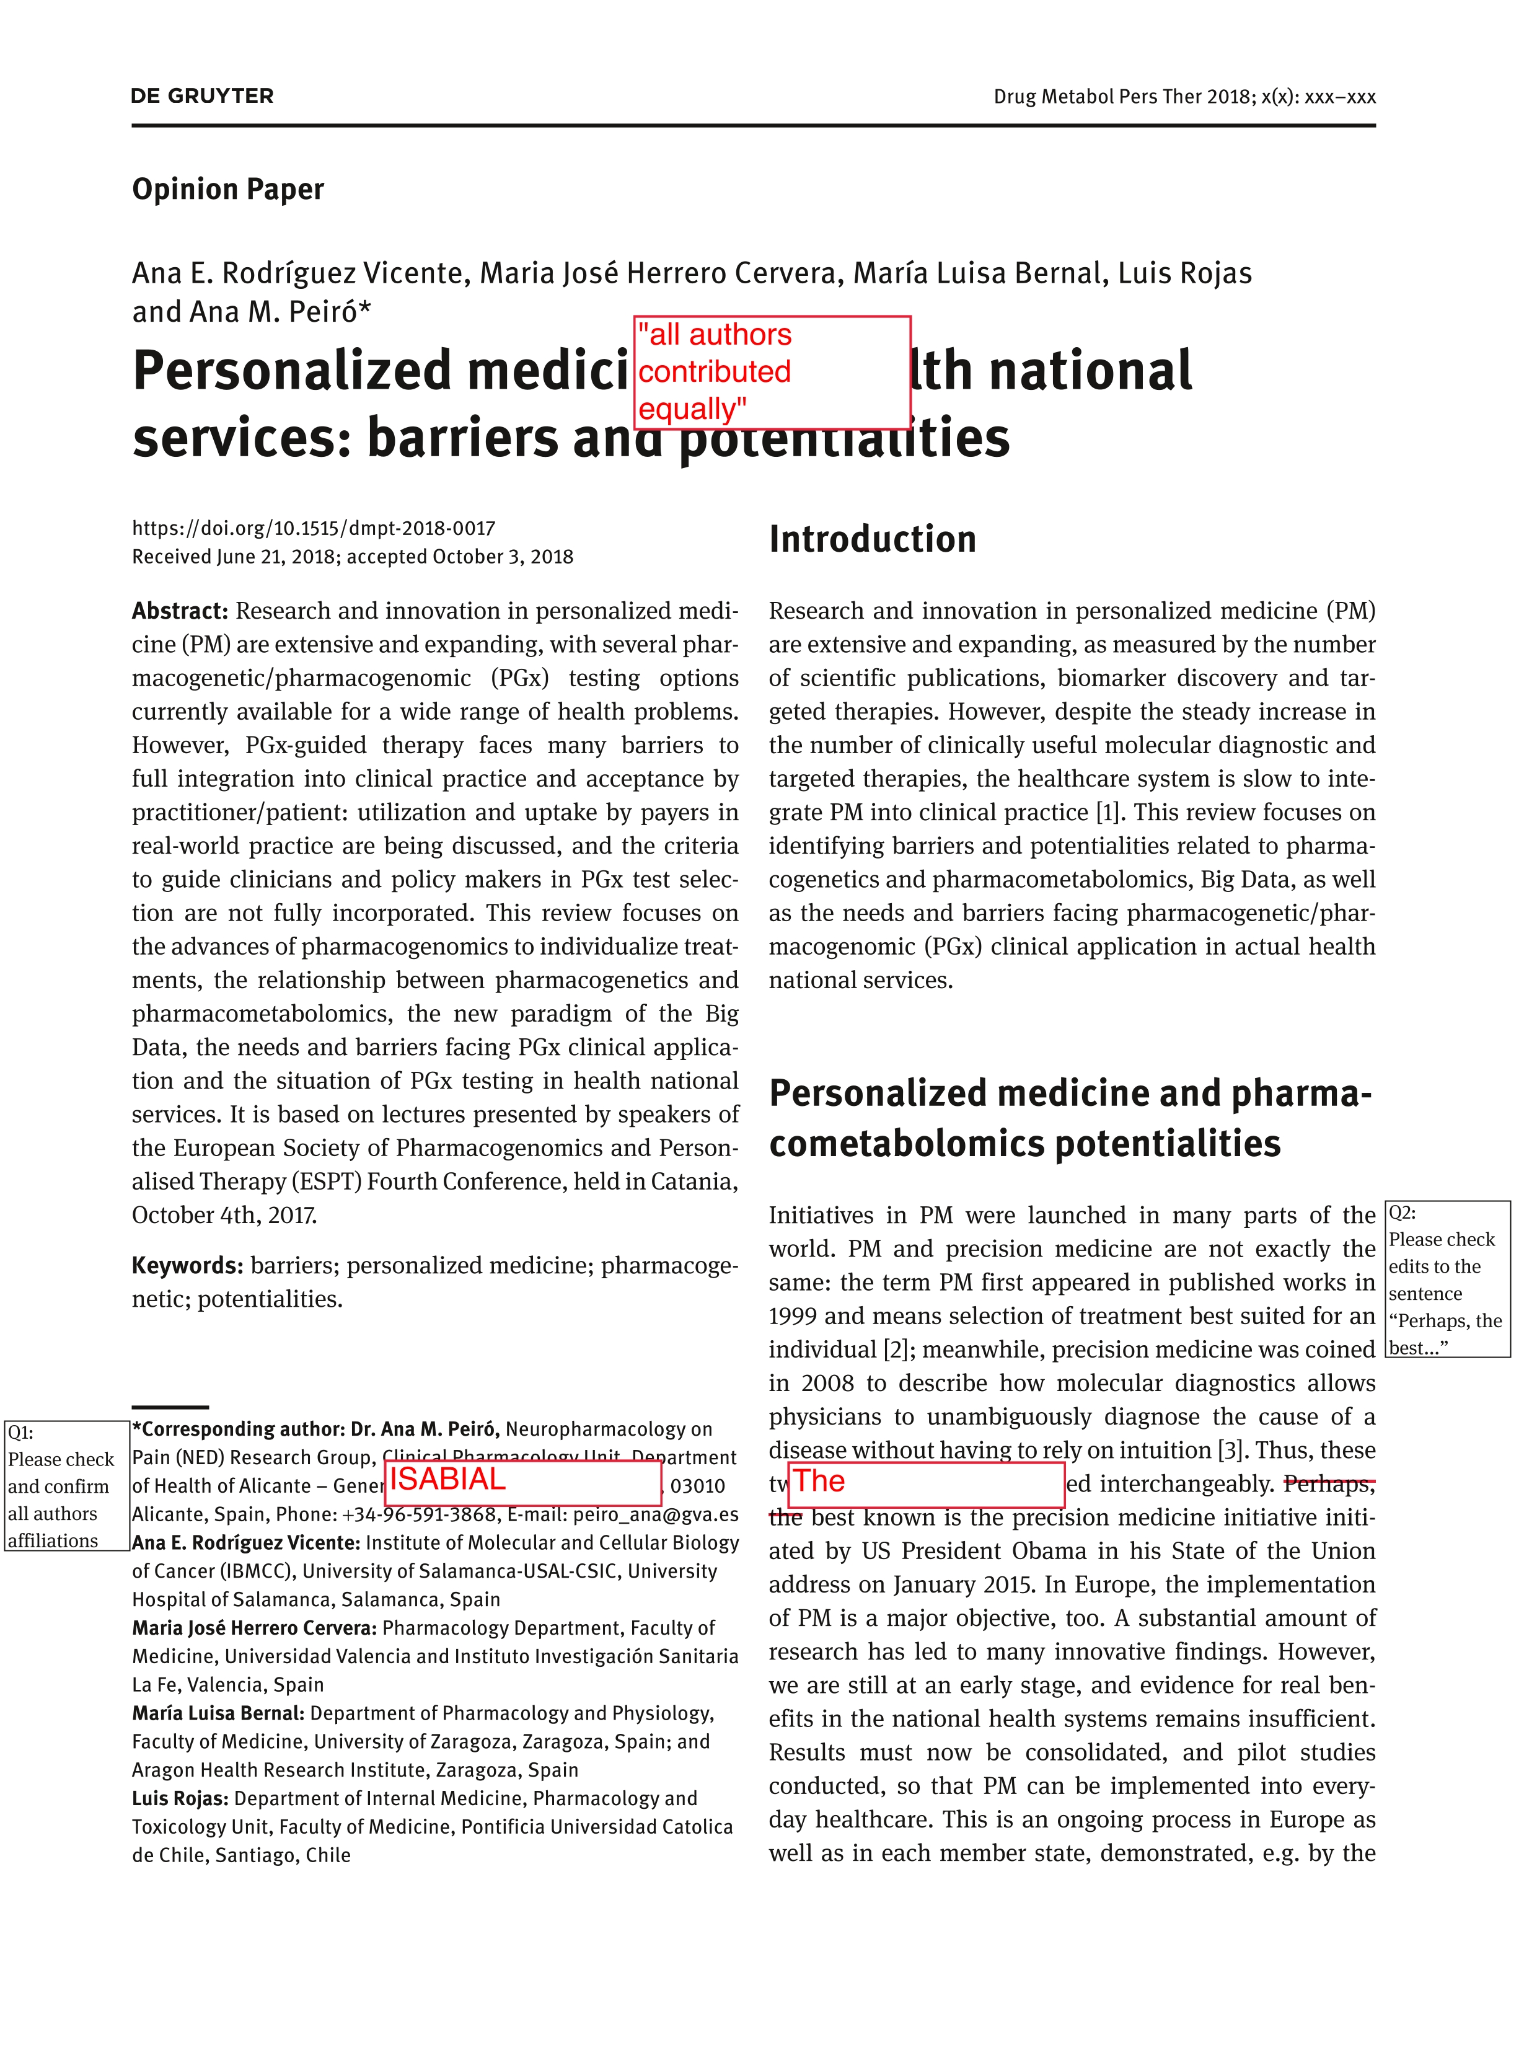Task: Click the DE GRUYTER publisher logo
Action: tap(202, 96)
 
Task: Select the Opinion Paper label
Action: tap(228, 189)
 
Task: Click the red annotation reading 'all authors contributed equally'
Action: tap(771, 372)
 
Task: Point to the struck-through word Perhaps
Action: tap(1328, 1484)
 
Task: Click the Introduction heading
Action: tap(872, 539)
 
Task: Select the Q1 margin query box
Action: tap(66, 1486)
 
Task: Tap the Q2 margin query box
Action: tap(1447, 1279)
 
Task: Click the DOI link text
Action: tap(313, 528)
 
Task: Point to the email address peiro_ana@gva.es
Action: tap(655, 1514)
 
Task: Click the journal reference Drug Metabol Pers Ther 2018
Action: tap(1122, 96)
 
